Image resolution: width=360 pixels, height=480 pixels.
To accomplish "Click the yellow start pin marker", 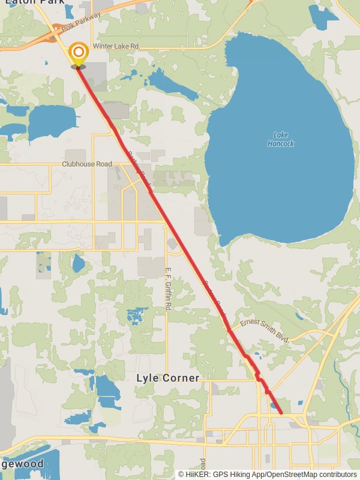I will (78, 55).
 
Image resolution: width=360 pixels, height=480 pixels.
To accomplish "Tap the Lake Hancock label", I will (281, 139).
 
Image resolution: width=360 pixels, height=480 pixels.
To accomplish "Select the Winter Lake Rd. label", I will (117, 46).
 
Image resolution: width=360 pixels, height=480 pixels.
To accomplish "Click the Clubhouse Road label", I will (87, 164).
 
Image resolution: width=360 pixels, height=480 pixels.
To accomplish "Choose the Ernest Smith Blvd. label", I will (265, 331).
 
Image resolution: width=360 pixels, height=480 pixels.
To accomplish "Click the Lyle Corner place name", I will (167, 378).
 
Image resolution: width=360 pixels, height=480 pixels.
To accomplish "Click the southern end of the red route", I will (281, 413).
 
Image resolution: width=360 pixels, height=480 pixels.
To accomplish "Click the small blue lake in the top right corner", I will (323, 17).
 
